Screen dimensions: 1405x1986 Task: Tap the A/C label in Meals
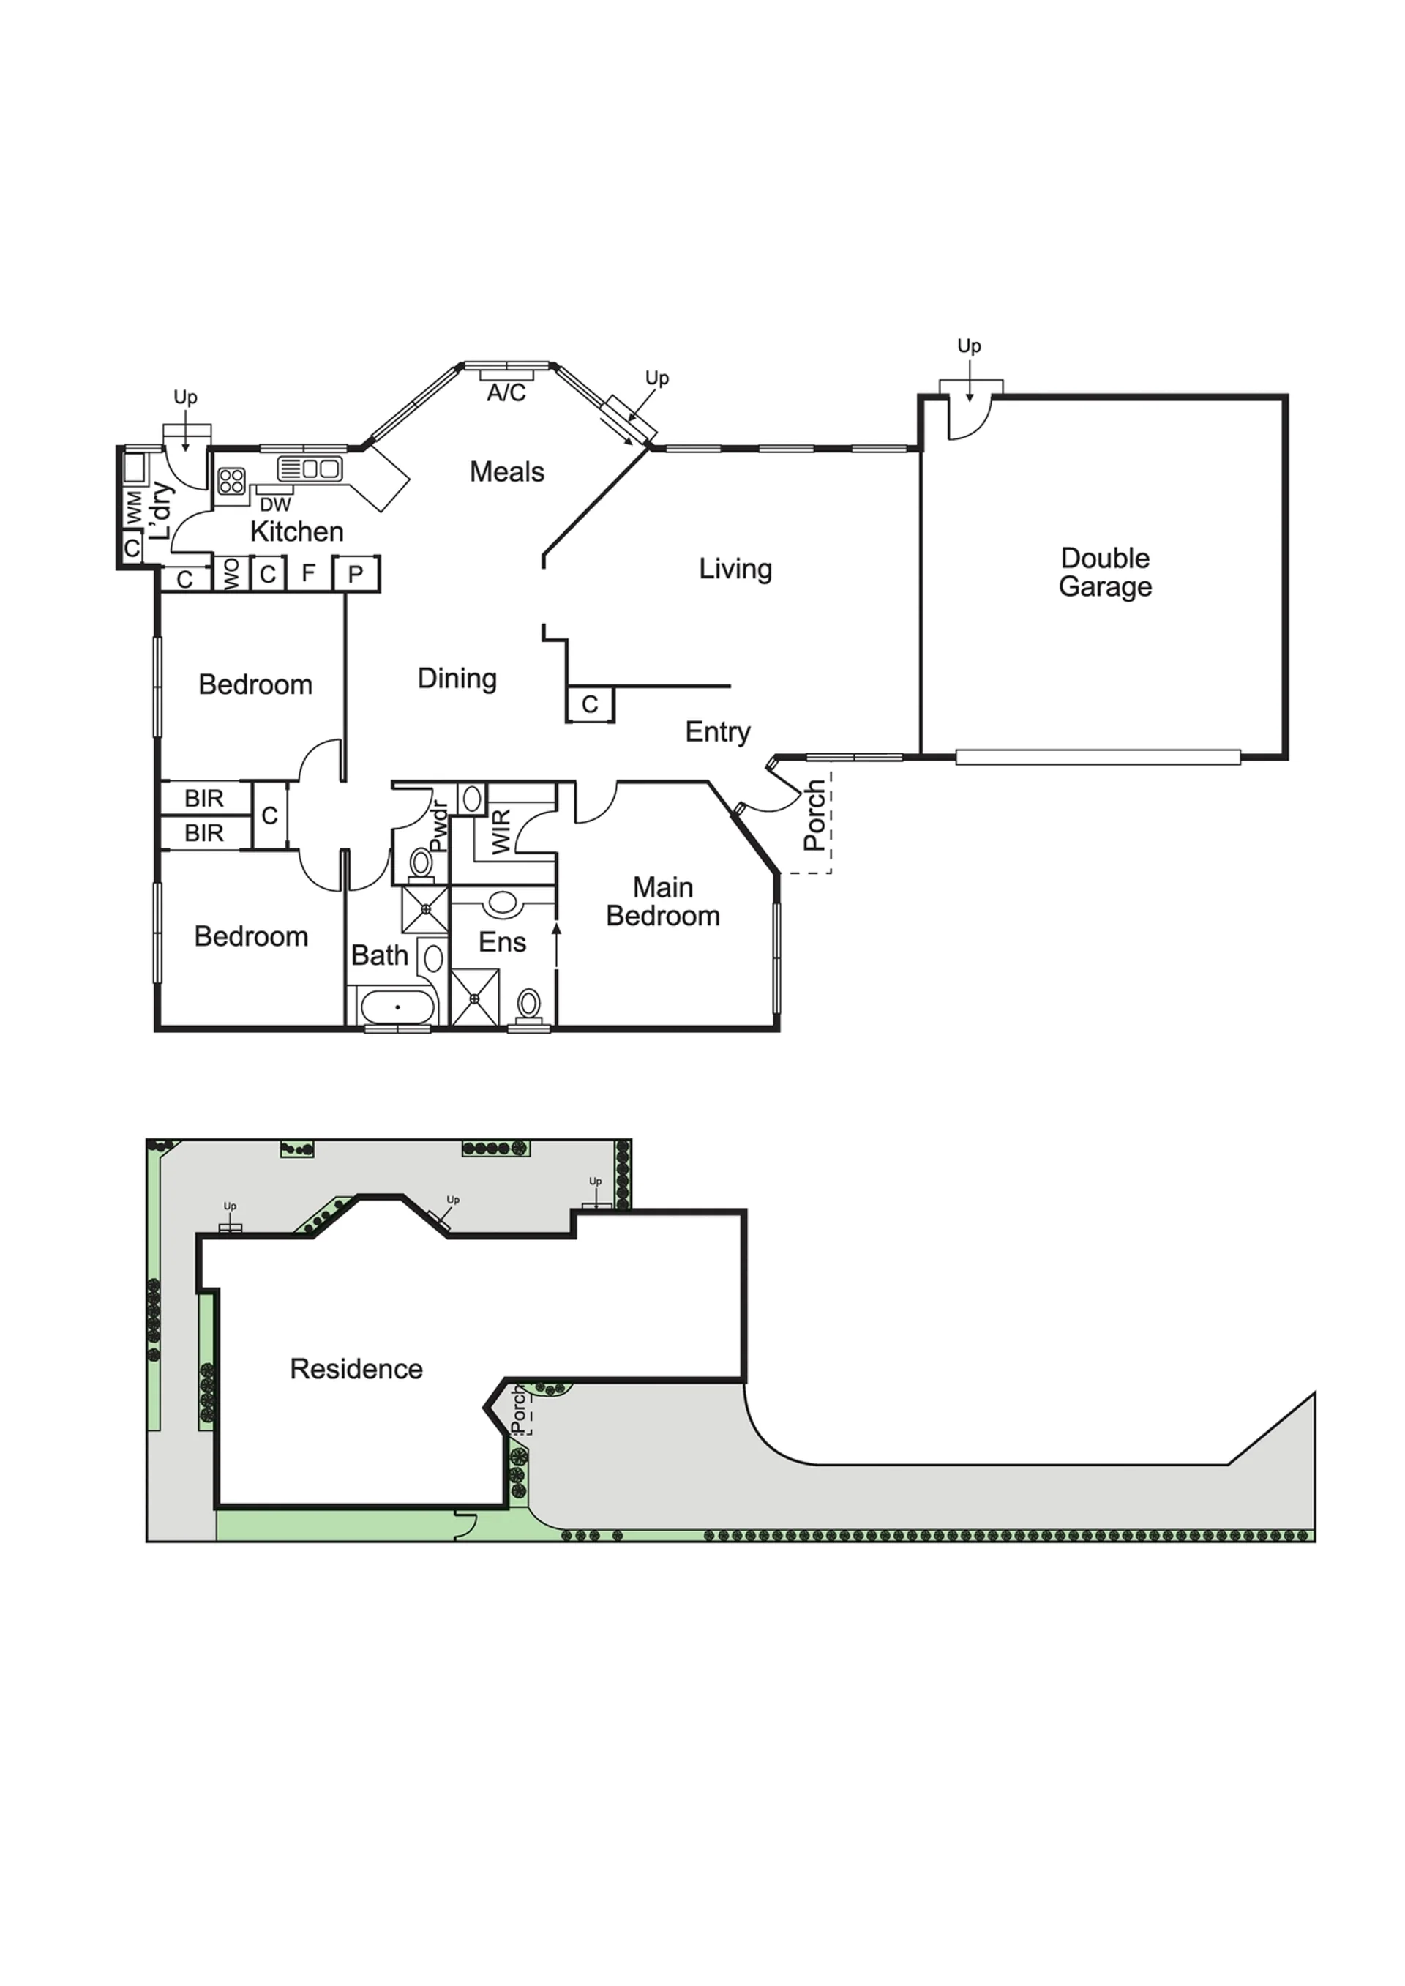click(x=506, y=393)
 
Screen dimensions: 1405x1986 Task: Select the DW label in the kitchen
click(x=275, y=504)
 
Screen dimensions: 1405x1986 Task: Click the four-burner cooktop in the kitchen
click(x=231, y=481)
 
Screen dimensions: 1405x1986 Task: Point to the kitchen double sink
click(x=310, y=469)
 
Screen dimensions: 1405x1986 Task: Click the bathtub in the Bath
click(x=397, y=1007)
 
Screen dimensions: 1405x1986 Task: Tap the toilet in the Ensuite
click(x=528, y=1007)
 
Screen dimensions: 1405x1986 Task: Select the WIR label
click(x=502, y=832)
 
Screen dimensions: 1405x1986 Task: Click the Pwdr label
click(x=438, y=827)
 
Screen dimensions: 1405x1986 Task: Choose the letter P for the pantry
click(x=356, y=575)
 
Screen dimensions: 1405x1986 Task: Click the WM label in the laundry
click(x=134, y=507)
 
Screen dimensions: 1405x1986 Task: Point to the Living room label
click(x=735, y=570)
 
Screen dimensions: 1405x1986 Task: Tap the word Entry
click(x=717, y=732)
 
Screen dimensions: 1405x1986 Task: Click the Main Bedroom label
click(x=663, y=902)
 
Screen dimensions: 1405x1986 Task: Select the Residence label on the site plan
click(x=356, y=1369)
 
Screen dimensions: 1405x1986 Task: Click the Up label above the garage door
click(x=969, y=347)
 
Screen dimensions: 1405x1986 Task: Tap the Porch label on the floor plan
click(x=815, y=816)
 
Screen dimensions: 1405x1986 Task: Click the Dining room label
click(x=457, y=679)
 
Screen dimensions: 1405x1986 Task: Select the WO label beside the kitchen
click(x=231, y=575)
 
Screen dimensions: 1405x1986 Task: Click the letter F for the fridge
click(x=308, y=573)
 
